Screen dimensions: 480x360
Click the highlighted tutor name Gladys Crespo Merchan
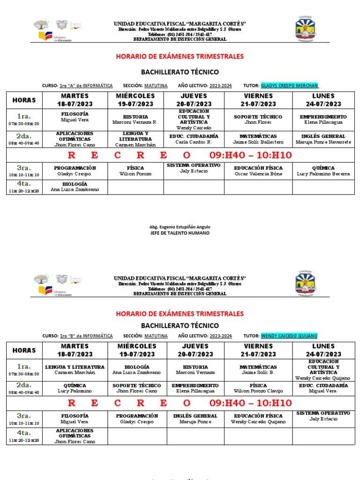pyautogui.click(x=290, y=86)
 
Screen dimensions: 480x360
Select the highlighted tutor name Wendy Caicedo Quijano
pyautogui.click(x=289, y=336)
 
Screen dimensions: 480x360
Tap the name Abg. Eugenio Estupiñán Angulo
pyautogui.click(x=180, y=226)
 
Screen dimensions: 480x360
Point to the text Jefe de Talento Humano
pyautogui.click(x=180, y=233)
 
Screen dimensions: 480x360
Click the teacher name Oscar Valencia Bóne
pyautogui.click(x=258, y=174)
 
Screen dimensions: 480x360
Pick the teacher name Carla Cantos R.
pyautogui.click(x=194, y=142)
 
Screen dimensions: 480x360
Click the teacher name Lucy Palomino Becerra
pyautogui.click(x=323, y=174)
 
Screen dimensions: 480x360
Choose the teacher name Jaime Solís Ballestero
pyautogui.click(x=258, y=142)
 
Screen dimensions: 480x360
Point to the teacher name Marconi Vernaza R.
pyautogui.click(x=135, y=122)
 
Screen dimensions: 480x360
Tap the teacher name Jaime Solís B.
pyautogui.click(x=258, y=373)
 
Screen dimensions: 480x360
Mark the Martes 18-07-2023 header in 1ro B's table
pyautogui.click(x=75, y=350)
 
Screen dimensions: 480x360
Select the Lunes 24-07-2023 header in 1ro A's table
pyautogui.click(x=323, y=100)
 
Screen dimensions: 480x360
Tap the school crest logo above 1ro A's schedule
pyautogui.click(x=308, y=29)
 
